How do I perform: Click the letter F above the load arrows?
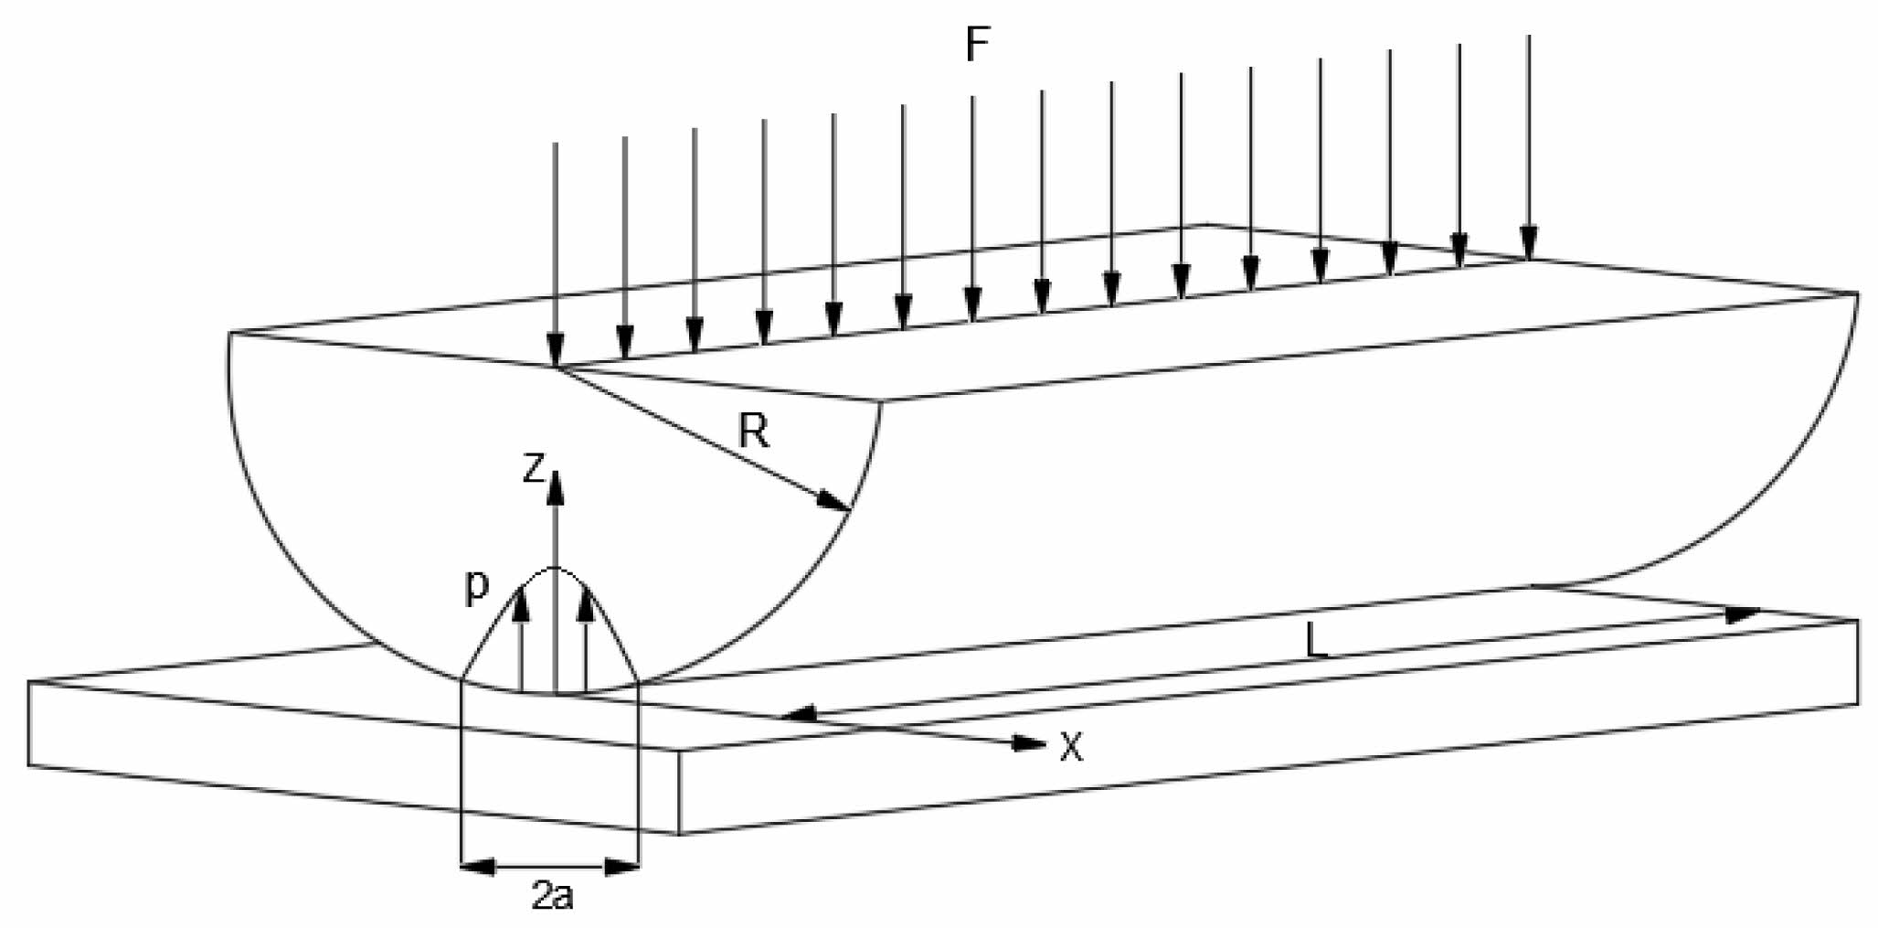click(978, 46)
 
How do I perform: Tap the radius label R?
click(755, 432)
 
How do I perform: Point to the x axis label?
click(1071, 748)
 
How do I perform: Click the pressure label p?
click(475, 590)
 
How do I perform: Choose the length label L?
click(1315, 643)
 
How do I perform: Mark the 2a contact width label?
click(553, 897)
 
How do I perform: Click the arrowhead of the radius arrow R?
click(835, 503)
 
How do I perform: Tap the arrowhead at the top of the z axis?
click(555, 486)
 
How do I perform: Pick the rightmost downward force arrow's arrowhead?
click(1529, 243)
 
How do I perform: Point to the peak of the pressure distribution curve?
click(555, 568)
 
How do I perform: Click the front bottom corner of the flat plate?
click(679, 834)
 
